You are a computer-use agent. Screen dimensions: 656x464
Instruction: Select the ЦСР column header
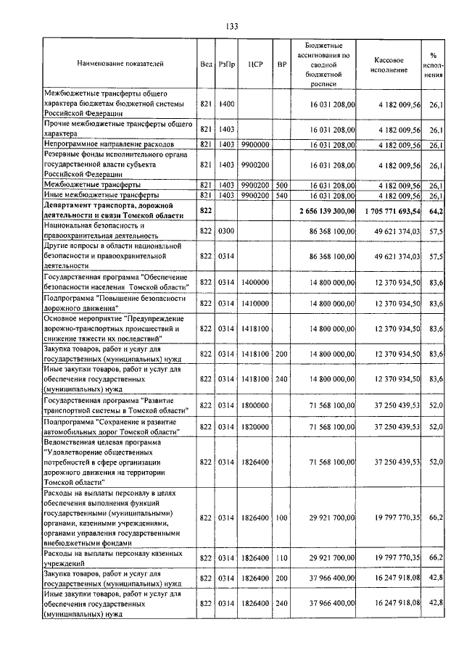pyautogui.click(x=254, y=64)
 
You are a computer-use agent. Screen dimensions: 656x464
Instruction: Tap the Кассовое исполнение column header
pyautogui.click(x=394, y=64)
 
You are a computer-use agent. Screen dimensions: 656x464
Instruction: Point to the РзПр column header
pyautogui.click(x=227, y=64)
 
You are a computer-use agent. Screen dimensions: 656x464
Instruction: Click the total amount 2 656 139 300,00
pyautogui.click(x=326, y=210)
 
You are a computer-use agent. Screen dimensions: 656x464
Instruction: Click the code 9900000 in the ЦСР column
pyautogui.click(x=254, y=145)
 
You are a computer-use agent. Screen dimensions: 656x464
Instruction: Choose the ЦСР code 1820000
pyautogui.click(x=254, y=428)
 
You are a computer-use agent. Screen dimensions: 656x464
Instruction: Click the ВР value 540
pyautogui.click(x=282, y=195)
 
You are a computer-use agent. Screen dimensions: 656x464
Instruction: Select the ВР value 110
pyautogui.click(x=282, y=558)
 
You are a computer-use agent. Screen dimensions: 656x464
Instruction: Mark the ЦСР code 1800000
pyautogui.click(x=254, y=407)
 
